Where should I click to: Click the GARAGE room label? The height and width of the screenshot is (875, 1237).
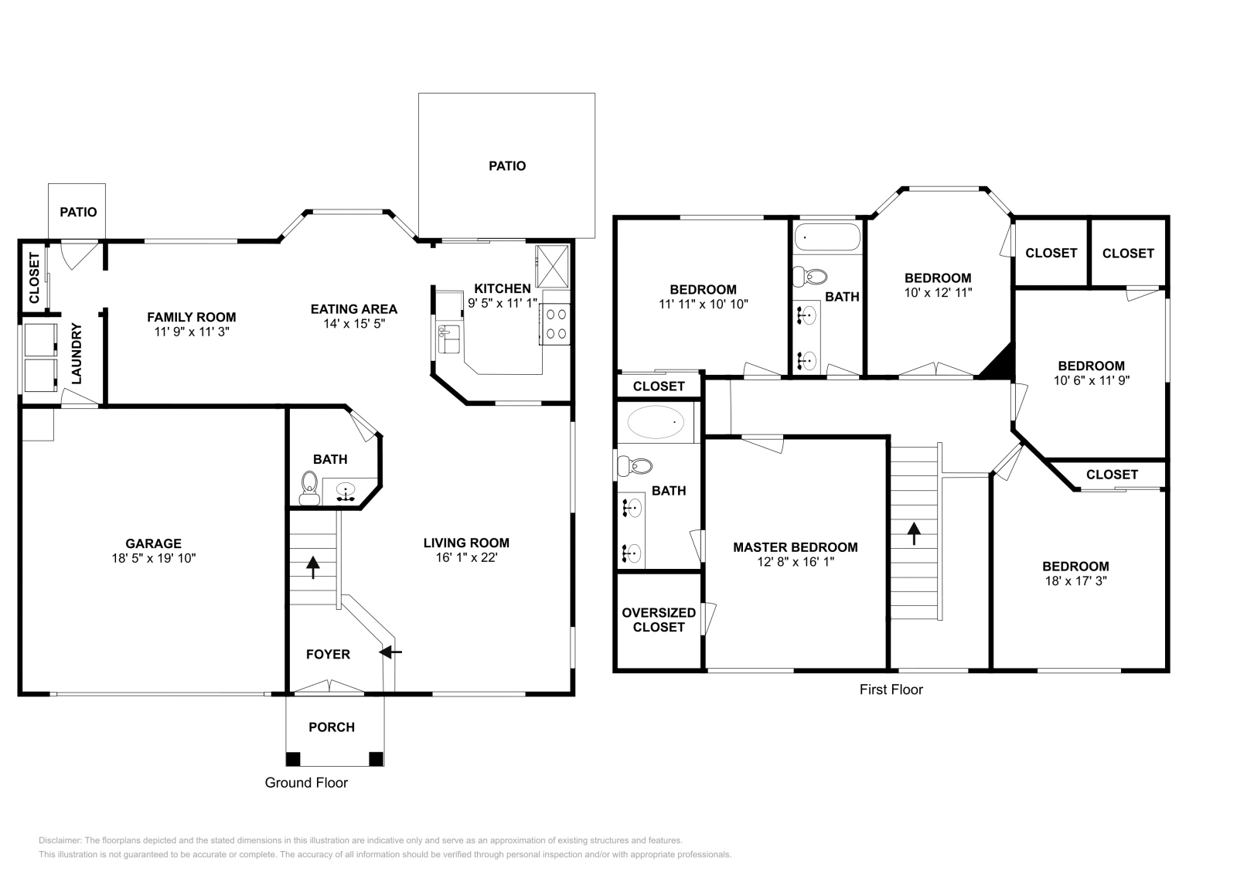click(153, 543)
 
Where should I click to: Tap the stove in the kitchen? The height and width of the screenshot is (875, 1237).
click(555, 324)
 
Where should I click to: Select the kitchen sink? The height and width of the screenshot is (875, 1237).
click(448, 339)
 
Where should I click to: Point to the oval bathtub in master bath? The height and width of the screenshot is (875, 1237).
click(656, 423)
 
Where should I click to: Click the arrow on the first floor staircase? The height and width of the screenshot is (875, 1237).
click(914, 533)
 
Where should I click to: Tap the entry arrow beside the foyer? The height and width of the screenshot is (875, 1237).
click(392, 652)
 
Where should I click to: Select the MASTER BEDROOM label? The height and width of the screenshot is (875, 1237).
click(795, 547)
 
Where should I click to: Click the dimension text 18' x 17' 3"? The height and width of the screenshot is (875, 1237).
click(1075, 581)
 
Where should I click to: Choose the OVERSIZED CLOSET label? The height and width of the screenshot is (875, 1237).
click(659, 620)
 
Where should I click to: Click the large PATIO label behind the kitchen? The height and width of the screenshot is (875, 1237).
click(507, 165)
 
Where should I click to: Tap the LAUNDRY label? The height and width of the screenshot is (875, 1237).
click(77, 353)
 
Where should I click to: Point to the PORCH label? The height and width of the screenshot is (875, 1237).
click(332, 727)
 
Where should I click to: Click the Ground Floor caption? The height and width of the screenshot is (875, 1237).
click(306, 782)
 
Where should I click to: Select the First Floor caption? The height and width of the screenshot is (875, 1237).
click(891, 689)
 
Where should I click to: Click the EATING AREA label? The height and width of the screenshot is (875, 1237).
click(354, 309)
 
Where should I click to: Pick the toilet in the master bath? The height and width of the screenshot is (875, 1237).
click(636, 466)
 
